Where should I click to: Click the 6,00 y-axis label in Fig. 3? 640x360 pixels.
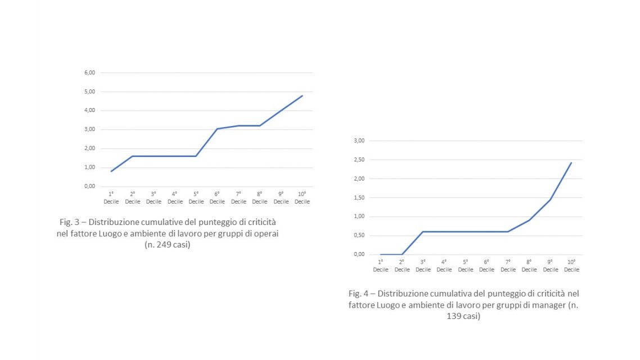(x=90, y=73)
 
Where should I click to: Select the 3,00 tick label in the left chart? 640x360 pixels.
(x=90, y=129)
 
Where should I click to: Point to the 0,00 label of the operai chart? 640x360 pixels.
(x=90, y=186)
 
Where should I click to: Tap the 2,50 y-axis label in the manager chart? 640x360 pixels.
(x=360, y=160)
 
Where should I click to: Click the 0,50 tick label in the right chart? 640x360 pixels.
(x=360, y=235)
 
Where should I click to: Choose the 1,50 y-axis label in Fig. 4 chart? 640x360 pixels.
(x=360, y=197)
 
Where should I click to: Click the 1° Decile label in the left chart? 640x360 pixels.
(x=111, y=198)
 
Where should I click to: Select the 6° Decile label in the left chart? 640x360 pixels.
(x=217, y=198)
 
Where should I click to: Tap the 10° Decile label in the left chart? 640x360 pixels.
(x=302, y=198)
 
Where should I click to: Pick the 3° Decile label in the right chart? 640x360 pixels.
(x=423, y=266)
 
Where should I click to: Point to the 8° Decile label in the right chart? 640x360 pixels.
(x=529, y=266)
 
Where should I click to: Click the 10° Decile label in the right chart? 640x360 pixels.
(x=571, y=266)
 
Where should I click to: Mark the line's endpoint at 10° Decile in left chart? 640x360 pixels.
(x=302, y=96)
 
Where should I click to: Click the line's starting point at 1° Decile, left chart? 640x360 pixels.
(x=111, y=171)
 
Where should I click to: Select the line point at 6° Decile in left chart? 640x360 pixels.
(x=217, y=129)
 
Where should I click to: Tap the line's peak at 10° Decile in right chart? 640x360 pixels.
(x=571, y=163)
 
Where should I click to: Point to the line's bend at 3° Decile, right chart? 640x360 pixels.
(x=423, y=232)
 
